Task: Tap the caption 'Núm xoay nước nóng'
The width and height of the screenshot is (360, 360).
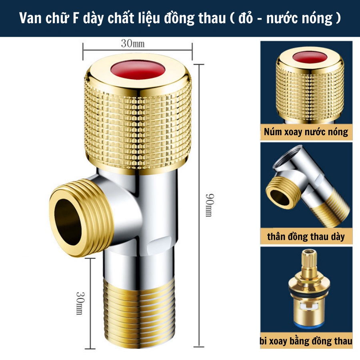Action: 306,132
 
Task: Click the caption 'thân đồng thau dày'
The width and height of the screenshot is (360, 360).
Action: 306,236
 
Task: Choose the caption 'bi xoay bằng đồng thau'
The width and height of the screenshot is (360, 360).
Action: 306,341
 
